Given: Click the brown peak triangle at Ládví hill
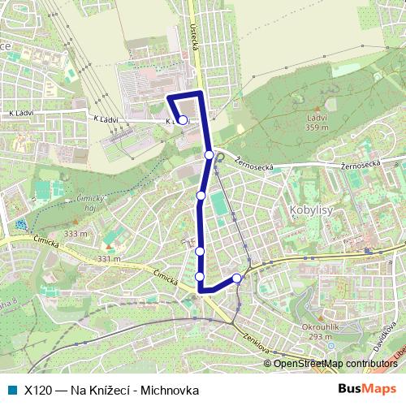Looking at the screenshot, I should click(316, 106).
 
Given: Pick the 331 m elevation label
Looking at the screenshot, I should click(109, 259).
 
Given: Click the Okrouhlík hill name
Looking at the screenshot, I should click(317, 327).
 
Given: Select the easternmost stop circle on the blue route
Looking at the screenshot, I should click(237, 279).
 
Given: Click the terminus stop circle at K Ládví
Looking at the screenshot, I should click(184, 120).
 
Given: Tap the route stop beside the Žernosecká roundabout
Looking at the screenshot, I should click(209, 154).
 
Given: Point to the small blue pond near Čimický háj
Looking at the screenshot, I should click(20, 223).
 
